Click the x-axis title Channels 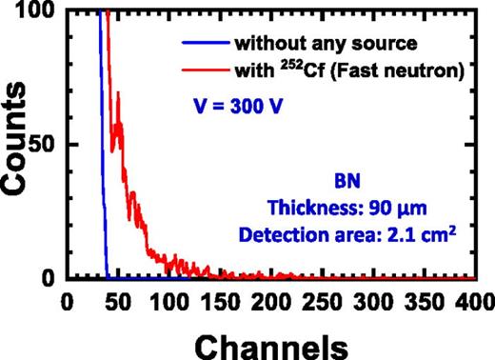click(267, 338)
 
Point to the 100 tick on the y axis click(41, 10)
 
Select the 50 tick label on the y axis click(46, 144)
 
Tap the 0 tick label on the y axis click(52, 278)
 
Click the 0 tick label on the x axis click(66, 300)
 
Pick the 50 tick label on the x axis click(116, 300)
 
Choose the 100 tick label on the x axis click(168, 300)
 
